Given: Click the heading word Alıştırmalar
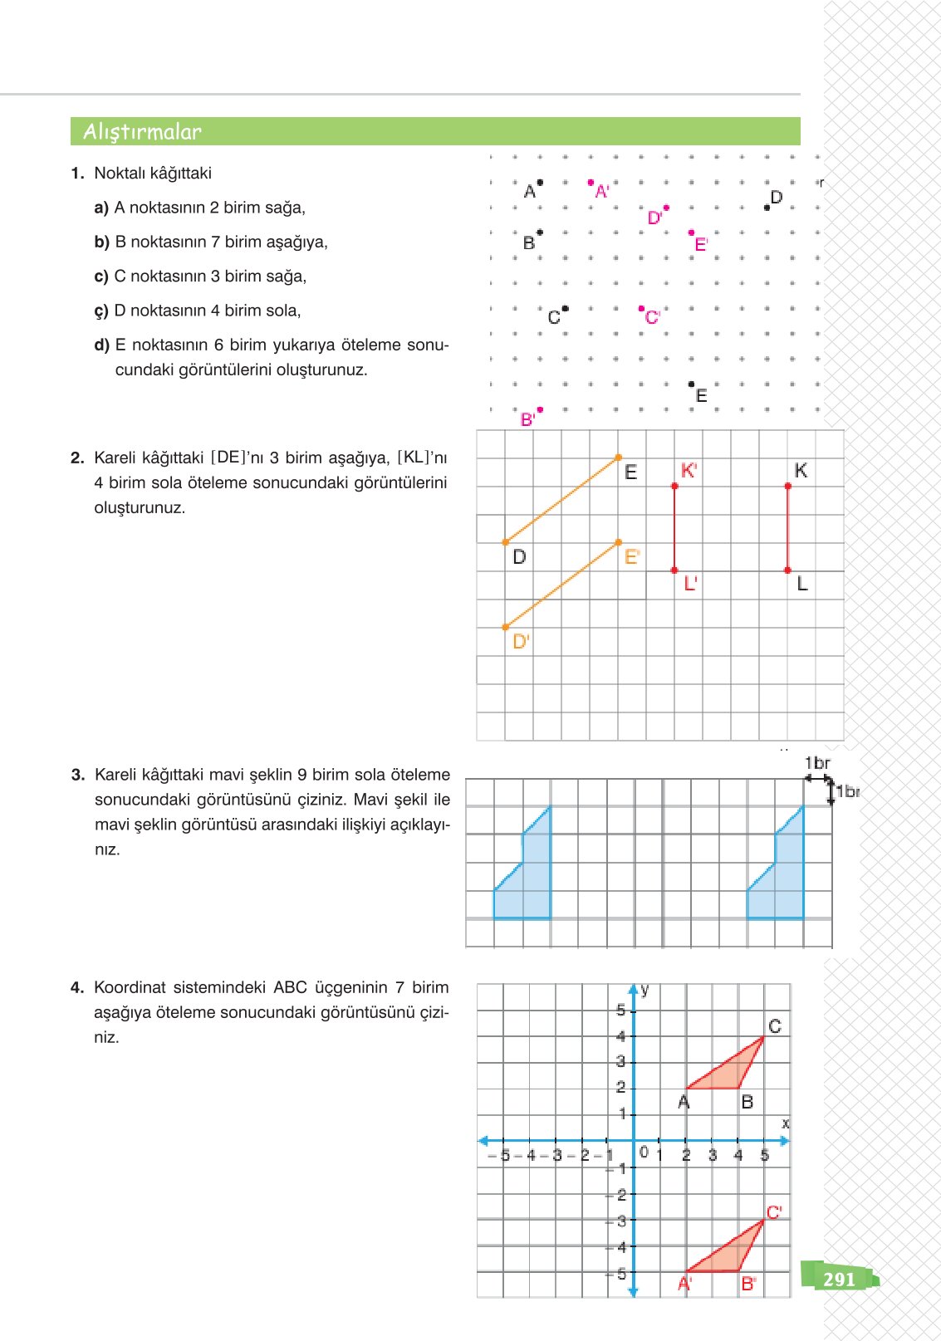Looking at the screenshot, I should point(142,132).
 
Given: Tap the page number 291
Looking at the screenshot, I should point(839,1280).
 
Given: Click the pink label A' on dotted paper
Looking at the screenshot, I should point(602,192).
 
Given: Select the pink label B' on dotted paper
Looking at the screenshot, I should point(527,420).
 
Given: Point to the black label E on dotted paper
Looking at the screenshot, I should point(701,396).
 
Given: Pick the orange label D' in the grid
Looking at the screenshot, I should point(521,642).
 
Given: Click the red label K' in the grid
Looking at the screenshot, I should point(689,471).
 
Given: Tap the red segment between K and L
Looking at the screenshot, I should point(787,528).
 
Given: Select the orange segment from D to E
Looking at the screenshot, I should point(561,500).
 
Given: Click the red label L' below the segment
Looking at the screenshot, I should point(690,585).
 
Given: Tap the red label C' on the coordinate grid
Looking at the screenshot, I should point(774,1212).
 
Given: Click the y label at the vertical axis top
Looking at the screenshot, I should point(645,990).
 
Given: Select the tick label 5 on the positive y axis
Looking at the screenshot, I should point(620,1011).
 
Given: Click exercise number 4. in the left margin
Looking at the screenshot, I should point(77,988).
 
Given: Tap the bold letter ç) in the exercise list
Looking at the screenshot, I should point(100,311).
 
